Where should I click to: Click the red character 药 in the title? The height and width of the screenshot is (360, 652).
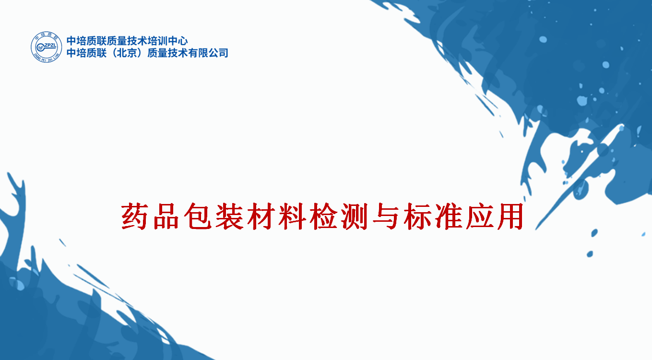(134, 216)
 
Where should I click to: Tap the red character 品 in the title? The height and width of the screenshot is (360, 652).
(166, 216)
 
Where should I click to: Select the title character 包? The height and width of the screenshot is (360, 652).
(197, 216)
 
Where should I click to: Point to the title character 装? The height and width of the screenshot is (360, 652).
(229, 216)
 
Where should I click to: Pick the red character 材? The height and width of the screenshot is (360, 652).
(261, 216)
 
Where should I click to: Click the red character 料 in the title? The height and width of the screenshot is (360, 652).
(292, 216)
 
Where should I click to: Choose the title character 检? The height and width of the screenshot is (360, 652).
(323, 216)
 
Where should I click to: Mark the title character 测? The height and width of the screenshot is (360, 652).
(355, 216)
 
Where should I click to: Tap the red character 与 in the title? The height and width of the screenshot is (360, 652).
(386, 216)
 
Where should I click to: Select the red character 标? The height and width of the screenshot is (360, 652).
(417, 216)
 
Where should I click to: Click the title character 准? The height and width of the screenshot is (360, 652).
(449, 216)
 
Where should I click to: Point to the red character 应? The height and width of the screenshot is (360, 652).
(480, 216)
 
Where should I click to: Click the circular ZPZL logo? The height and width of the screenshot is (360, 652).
(46, 47)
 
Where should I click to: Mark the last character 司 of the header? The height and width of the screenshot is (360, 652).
(223, 53)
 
